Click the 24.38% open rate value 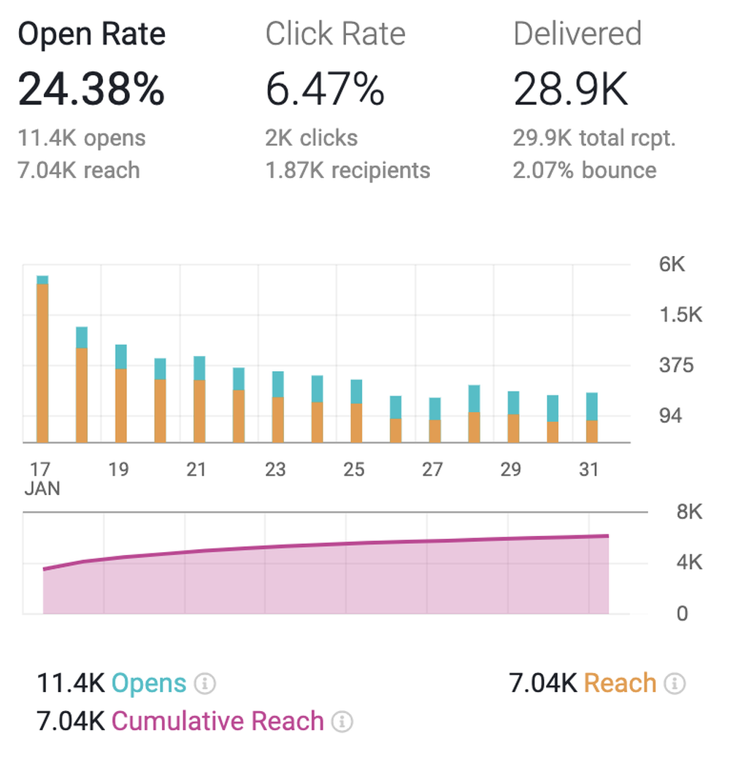(91, 90)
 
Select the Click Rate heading (335, 34)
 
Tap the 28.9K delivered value (570, 90)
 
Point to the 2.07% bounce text (585, 170)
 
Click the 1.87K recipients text (347, 170)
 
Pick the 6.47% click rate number (324, 90)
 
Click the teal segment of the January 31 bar (591, 406)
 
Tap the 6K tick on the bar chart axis (672, 265)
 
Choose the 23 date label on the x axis (274, 469)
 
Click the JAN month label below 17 (42, 489)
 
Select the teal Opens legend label (149, 683)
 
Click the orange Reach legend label (620, 683)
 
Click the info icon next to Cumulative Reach (342, 722)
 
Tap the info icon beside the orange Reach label (675, 684)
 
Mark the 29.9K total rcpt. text (594, 138)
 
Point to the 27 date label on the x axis (432, 469)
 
